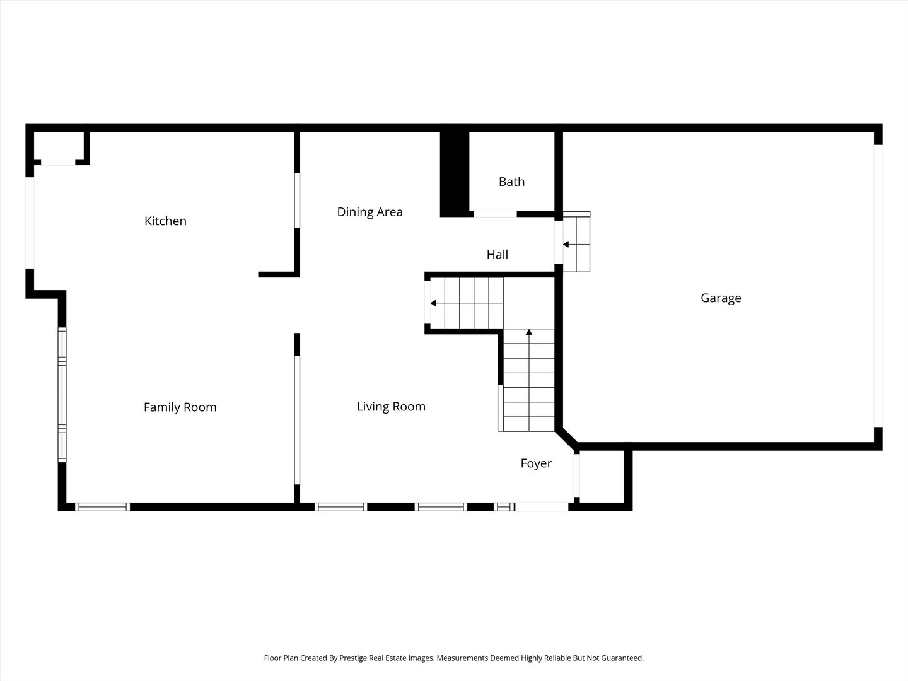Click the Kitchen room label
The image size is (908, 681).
point(165,221)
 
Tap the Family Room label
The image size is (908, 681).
point(180,407)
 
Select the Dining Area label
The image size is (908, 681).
point(370,212)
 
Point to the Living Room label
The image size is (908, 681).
point(391,407)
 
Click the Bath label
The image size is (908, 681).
point(511,182)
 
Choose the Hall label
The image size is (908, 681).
point(497,255)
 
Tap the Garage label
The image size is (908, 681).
point(721,298)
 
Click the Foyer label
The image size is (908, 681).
point(536,463)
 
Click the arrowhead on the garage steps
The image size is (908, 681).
point(566,244)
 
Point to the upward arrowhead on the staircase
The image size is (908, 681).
point(528,332)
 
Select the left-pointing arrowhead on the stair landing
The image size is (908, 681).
point(433,303)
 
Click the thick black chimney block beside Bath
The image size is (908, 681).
point(454,173)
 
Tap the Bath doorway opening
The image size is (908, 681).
point(495,214)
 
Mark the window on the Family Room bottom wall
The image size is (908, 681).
point(102,506)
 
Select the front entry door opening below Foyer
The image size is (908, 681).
point(542,506)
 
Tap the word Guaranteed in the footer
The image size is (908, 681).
point(620,658)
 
